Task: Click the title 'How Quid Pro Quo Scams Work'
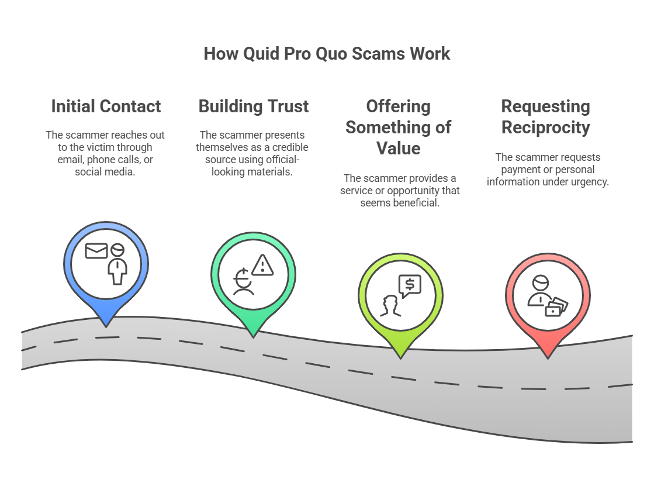click(x=327, y=54)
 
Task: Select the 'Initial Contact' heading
click(x=106, y=106)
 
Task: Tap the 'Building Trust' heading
click(x=253, y=106)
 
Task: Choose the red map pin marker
click(x=548, y=301)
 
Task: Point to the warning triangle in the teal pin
click(x=263, y=265)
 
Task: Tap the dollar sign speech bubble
click(x=410, y=285)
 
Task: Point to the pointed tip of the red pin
click(x=548, y=356)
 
